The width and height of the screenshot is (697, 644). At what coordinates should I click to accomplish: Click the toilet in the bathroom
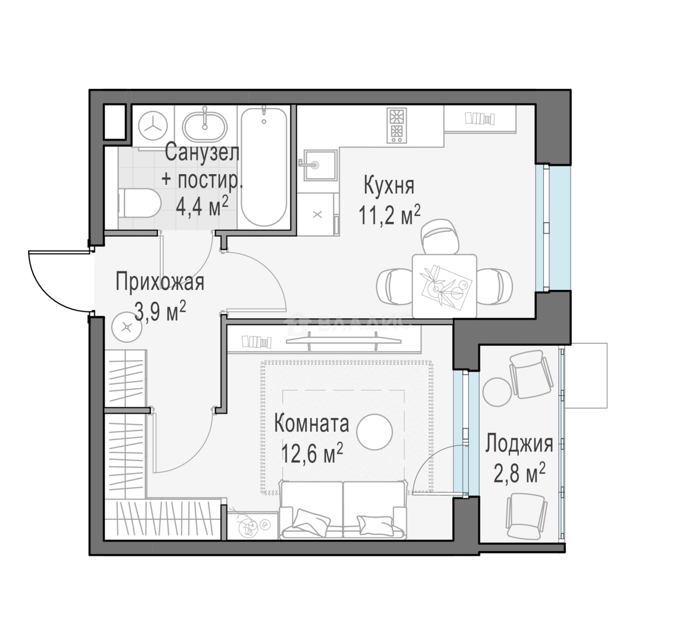[x=139, y=204]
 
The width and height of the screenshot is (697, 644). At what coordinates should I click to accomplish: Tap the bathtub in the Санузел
[x=264, y=168]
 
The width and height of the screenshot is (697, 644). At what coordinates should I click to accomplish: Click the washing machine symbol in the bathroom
[x=153, y=126]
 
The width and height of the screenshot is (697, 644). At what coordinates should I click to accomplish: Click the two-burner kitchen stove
[x=397, y=125]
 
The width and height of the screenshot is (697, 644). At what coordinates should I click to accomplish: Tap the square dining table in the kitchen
[x=444, y=286]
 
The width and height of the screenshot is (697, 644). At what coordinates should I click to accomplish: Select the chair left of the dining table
[x=395, y=287]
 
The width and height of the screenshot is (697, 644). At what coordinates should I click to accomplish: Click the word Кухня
[x=389, y=185]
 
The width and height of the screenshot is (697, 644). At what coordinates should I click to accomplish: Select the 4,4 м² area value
[x=203, y=206]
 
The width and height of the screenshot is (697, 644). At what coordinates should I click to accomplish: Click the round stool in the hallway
[x=127, y=327]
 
